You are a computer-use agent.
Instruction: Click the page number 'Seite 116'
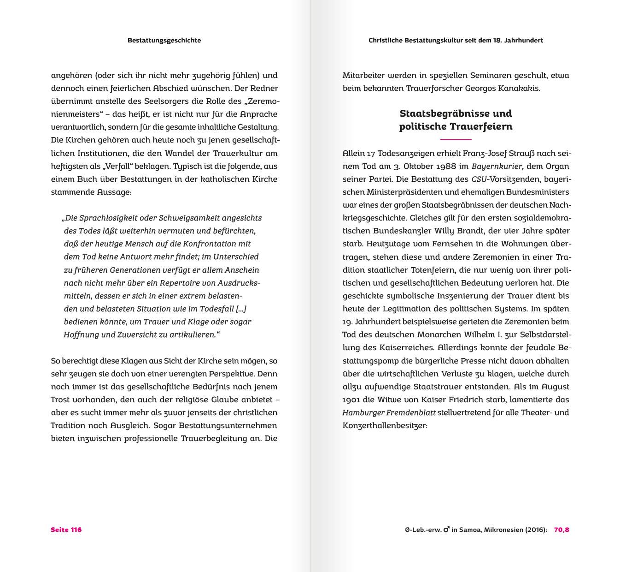click(66, 530)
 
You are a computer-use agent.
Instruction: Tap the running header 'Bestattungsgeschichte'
click(164, 40)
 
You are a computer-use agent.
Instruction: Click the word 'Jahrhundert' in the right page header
click(524, 40)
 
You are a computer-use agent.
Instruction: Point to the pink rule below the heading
click(456, 139)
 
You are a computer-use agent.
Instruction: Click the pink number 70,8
click(562, 530)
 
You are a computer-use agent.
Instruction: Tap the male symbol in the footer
click(446, 530)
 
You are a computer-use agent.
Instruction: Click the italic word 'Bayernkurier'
click(497, 166)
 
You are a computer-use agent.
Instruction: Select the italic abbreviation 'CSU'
click(479, 179)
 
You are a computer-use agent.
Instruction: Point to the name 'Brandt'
click(463, 231)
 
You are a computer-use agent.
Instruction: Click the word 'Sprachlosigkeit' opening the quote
click(94, 218)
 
